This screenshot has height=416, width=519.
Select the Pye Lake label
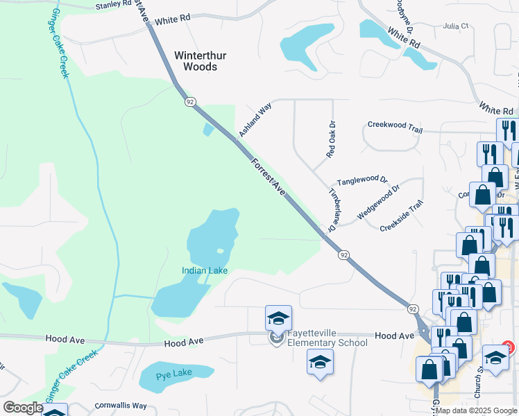173,373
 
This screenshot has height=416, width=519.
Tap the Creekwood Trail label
395,126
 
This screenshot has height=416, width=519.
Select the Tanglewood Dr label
361,180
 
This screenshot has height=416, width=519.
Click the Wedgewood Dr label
378,202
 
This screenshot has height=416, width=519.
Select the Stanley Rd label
113,6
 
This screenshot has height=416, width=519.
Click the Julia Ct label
456,26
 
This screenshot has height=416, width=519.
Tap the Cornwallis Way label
121,406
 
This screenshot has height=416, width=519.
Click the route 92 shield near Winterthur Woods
189,102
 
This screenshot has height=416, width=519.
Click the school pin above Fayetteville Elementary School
278,318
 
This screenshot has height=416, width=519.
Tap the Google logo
23,408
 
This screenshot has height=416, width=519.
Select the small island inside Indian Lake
220,251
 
